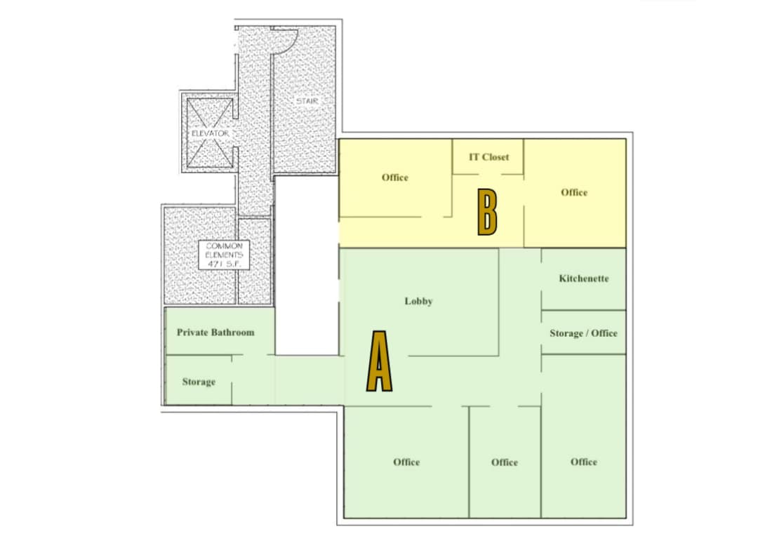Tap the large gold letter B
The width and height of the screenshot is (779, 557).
coord(488,212)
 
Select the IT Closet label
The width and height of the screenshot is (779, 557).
coord(488,157)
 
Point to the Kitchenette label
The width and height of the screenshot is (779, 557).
coord(584,278)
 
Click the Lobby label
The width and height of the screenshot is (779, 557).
coord(418,301)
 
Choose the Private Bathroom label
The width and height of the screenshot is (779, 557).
coord(215,332)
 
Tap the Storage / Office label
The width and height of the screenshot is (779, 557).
coord(583,333)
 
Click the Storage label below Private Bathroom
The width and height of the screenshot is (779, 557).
coord(199,382)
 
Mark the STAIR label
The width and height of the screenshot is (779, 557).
coord(307,102)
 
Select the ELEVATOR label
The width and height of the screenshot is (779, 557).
coord(210,133)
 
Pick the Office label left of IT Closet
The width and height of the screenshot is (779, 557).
coord(395,177)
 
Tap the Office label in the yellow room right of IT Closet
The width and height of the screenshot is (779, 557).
coord(574,192)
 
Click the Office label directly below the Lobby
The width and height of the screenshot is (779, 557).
coord(406,462)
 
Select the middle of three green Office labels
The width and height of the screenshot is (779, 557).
coord(505,462)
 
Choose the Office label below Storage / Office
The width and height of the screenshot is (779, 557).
coord(584,462)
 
